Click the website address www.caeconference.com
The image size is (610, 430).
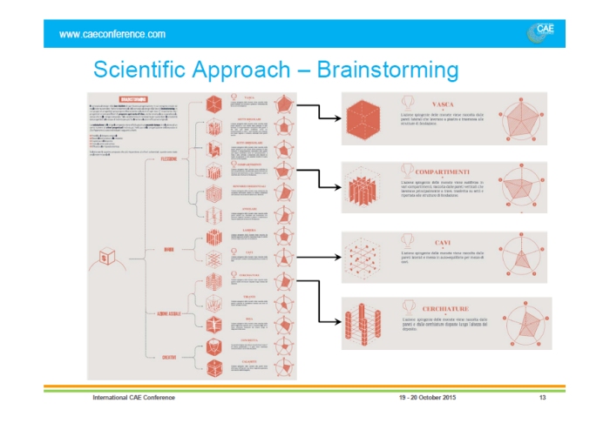coord(112,34)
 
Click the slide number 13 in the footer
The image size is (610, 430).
coord(542,398)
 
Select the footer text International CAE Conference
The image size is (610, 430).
coord(134,398)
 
